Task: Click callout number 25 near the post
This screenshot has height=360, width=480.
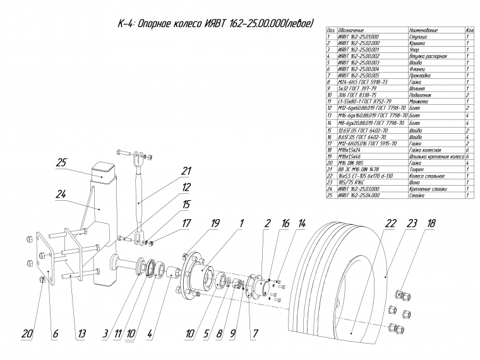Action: [x=61, y=164]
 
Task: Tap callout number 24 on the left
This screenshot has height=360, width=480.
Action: [x=61, y=196]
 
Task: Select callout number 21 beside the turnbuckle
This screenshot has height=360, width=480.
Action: [x=185, y=171]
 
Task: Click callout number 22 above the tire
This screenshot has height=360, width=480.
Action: [x=390, y=224]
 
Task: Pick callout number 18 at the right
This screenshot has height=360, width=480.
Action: [x=431, y=224]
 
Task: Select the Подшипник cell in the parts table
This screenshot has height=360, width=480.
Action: [x=423, y=94]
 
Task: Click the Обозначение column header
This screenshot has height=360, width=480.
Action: [x=351, y=30]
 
